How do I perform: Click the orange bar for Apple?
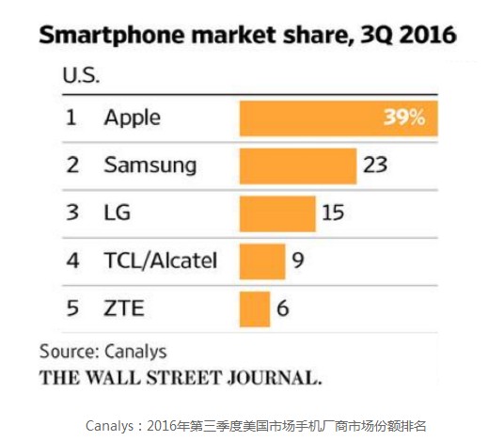338,118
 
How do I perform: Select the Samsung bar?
298,166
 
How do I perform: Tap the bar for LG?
277,213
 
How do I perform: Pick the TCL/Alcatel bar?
262,261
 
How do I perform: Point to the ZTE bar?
255,309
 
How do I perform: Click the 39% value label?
404,118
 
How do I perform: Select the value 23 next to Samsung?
375,165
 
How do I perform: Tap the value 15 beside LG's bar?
333,213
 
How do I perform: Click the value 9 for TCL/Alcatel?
298,260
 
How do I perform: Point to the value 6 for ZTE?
283,307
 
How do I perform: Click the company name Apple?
133,118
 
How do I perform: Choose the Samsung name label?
150,165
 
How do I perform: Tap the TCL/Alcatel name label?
161,260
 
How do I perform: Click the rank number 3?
72,213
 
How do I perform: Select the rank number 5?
72,307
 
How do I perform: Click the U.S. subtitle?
81,75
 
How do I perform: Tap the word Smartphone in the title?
112,35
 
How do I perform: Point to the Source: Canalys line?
103,352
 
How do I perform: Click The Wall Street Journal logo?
181,377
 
